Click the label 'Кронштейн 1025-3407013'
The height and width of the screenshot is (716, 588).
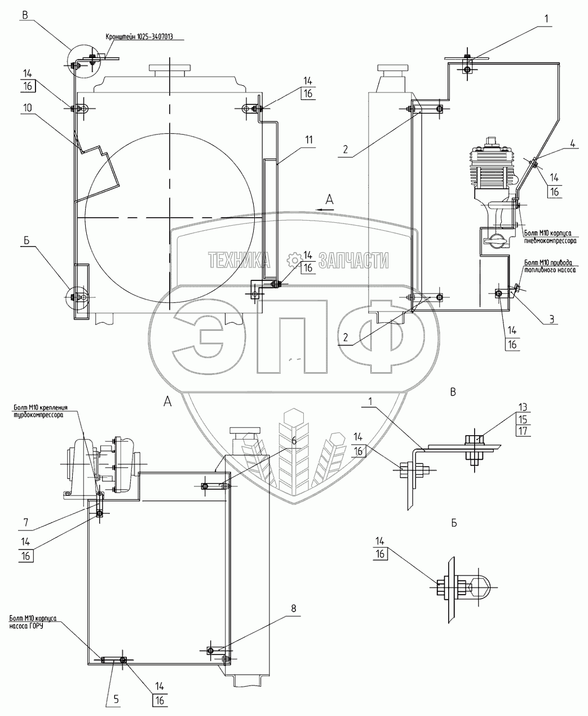139,37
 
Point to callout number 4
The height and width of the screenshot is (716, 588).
573,143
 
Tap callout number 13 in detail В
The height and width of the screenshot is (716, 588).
523,407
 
